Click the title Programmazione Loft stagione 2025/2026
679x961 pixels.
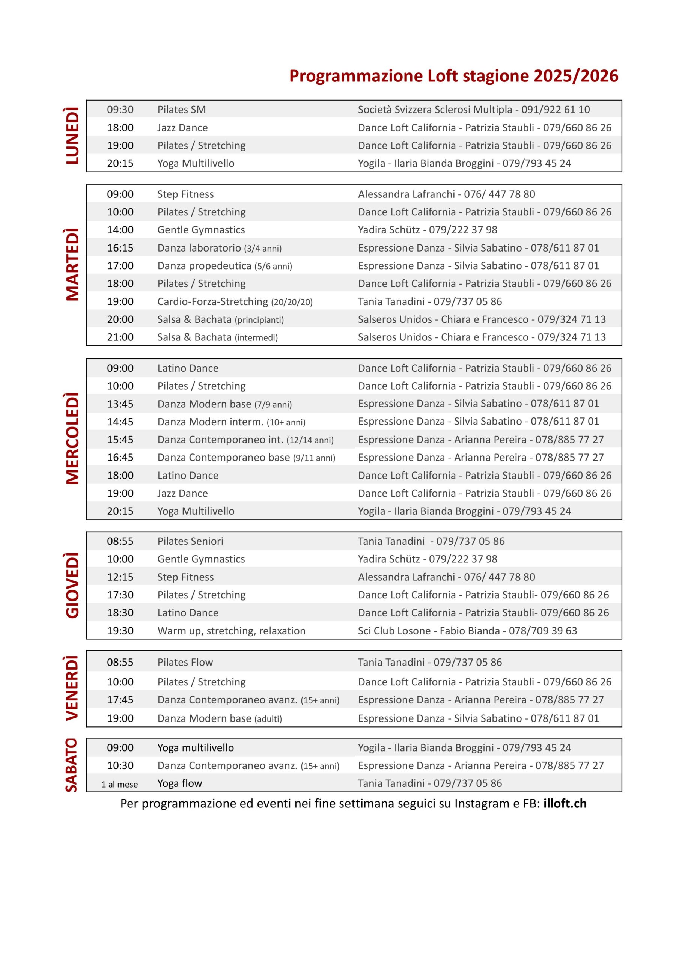[x=453, y=76]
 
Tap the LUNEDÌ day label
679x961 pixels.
[x=72, y=136]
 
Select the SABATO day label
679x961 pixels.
[x=72, y=765]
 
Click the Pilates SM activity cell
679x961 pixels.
[x=181, y=110]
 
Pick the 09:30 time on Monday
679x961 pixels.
[x=120, y=110]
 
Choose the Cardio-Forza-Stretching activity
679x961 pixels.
[x=235, y=301]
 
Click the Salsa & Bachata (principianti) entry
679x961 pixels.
[x=220, y=319]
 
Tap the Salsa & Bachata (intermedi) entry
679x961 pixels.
[x=217, y=337]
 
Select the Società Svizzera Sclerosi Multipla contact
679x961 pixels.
[x=473, y=110]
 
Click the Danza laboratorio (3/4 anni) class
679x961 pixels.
[x=219, y=248]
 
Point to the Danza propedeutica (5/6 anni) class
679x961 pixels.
[x=224, y=266]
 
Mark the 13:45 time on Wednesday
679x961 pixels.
[x=120, y=404]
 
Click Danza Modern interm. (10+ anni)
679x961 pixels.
[x=231, y=422]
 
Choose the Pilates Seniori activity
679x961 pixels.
[x=190, y=541]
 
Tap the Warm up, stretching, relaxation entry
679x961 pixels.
[x=231, y=631]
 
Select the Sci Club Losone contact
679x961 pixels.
[x=467, y=631]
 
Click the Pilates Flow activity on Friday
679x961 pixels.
[x=185, y=662]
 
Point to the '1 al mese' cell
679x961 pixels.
[x=119, y=784]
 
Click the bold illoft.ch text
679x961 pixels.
[x=565, y=804]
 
